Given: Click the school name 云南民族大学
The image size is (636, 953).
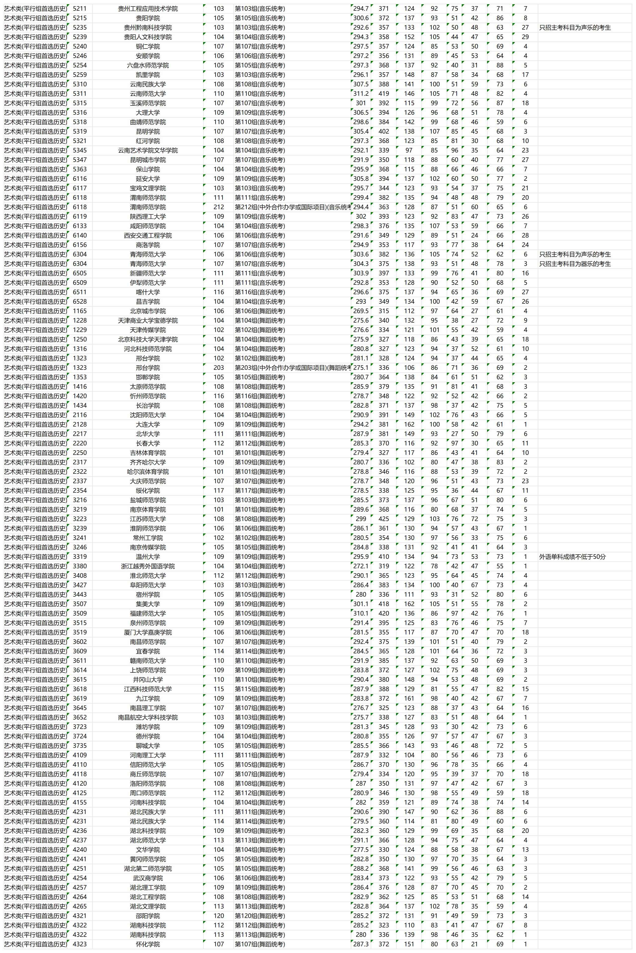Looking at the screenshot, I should click(x=148, y=84).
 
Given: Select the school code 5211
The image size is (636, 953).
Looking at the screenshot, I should click(x=80, y=8).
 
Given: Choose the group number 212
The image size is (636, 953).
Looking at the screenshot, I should click(x=219, y=207).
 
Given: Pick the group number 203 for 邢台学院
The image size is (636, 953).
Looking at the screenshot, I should click(x=219, y=368).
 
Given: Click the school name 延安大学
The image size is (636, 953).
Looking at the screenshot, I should click(x=148, y=179).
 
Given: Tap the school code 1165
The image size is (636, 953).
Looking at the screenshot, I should click(x=80, y=311).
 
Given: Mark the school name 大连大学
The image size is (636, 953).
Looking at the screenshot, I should click(x=148, y=424).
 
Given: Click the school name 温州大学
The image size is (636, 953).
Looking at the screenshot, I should click(x=148, y=557).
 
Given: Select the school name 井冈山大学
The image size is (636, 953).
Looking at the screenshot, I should click(x=148, y=679).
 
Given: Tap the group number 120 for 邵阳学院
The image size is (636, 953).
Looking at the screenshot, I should click(x=219, y=916).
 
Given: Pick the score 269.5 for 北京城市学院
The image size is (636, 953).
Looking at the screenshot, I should click(x=361, y=311).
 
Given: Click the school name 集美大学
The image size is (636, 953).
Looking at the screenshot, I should click(x=148, y=604).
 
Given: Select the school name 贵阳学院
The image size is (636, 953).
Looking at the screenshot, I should click(x=148, y=18).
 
